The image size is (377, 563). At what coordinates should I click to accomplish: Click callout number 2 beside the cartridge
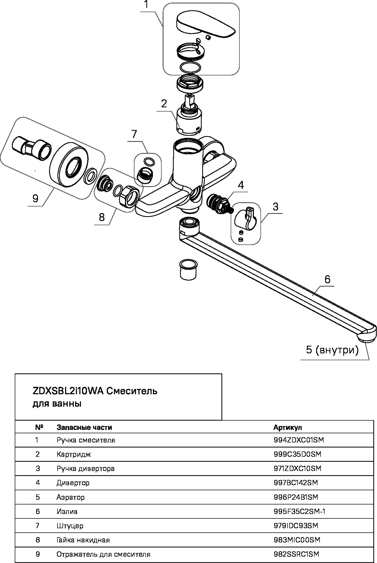click(x=164, y=104)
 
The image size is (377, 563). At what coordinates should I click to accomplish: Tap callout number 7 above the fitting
click(x=134, y=134)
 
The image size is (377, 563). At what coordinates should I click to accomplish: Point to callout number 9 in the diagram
click(x=35, y=198)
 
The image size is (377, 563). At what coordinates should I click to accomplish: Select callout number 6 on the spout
click(x=327, y=279)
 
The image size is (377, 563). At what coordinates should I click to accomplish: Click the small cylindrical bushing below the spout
click(x=188, y=269)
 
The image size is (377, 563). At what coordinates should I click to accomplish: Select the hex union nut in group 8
click(x=129, y=198)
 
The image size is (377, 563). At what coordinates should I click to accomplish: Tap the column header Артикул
click(x=288, y=427)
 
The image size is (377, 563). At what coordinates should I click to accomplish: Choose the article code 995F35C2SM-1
click(x=299, y=512)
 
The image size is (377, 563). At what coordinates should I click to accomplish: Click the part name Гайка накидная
click(x=83, y=540)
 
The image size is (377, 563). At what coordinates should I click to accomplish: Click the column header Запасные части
click(x=84, y=427)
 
